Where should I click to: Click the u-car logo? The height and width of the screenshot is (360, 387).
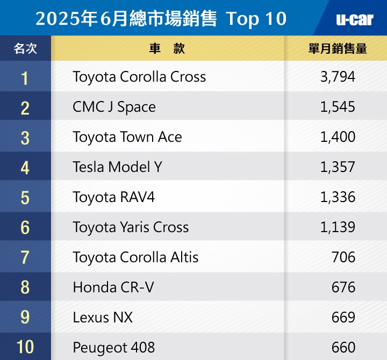(354, 19)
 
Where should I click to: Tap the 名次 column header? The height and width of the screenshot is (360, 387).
(25, 48)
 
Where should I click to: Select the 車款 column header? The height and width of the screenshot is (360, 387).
(167, 48)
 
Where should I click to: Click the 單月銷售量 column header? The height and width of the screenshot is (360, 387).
(338, 48)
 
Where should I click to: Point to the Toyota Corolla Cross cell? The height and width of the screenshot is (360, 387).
(139, 77)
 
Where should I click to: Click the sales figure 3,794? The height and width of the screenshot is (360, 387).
(338, 77)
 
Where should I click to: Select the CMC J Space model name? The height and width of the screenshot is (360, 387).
(114, 107)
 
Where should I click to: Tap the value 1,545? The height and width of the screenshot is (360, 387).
(338, 107)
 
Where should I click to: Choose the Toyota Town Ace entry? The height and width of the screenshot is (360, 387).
(127, 137)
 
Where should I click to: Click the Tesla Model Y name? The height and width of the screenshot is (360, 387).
(117, 167)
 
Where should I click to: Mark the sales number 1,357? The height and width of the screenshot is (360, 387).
(338, 167)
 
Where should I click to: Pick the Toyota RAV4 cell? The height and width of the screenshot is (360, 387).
(113, 197)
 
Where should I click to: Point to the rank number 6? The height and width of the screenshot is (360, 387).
(25, 227)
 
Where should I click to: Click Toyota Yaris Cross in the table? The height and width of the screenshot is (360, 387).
(131, 227)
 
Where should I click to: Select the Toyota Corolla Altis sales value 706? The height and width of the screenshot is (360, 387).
(343, 257)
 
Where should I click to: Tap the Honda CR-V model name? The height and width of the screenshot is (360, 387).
(113, 287)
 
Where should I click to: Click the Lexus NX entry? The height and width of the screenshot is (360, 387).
(103, 318)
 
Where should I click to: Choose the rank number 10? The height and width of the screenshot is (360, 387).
(25, 347)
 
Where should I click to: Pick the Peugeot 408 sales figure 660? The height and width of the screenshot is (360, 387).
(343, 347)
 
